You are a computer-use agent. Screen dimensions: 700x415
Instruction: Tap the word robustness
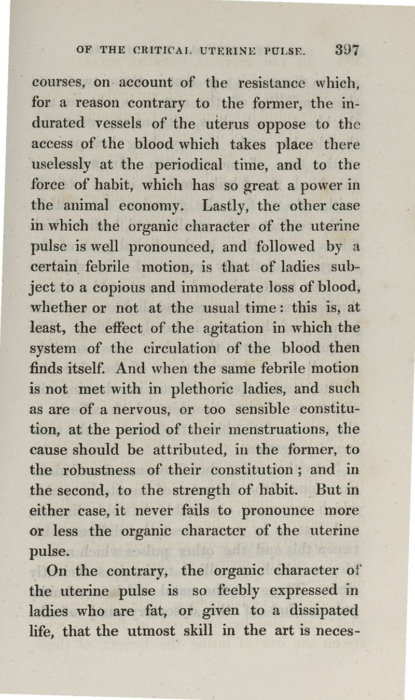click(x=100, y=470)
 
